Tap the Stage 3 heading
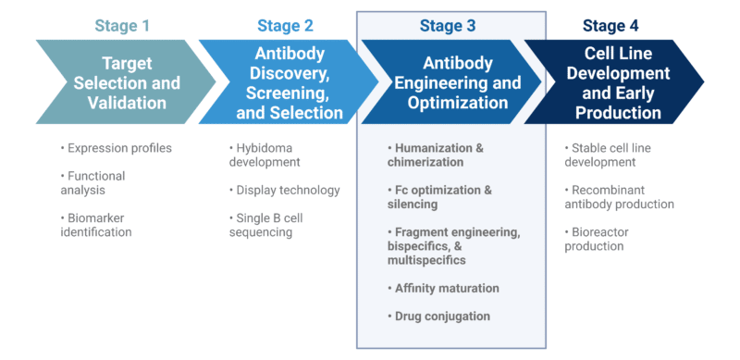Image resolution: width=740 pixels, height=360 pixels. point(447,26)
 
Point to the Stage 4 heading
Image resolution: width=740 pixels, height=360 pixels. point(610,26)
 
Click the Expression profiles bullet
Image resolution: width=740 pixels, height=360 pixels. point(117,148)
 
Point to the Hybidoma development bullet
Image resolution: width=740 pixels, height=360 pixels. point(268,155)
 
